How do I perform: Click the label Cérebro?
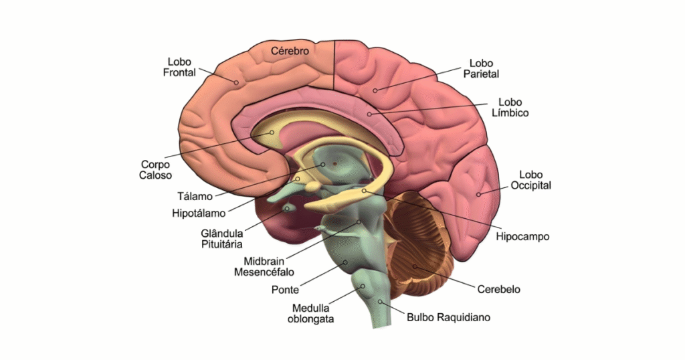(290, 51)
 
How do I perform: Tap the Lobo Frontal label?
(179, 66)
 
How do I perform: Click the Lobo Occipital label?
(530, 179)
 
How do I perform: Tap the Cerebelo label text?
(498, 289)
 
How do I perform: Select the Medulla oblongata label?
(312, 313)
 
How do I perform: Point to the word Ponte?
(285, 290)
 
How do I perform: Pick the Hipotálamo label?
(199, 213)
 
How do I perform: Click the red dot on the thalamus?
(334, 163)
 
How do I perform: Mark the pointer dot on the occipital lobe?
(478, 194)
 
